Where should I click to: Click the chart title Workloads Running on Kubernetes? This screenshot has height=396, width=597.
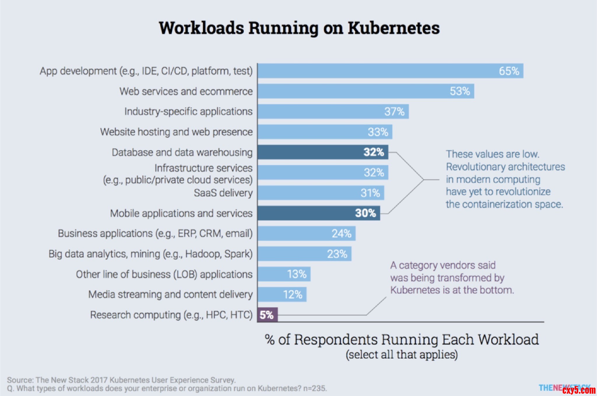299,28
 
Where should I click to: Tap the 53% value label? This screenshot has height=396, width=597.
460,91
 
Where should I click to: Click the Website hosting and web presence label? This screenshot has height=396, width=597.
176,132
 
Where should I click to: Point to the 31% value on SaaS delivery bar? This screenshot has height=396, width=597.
370,193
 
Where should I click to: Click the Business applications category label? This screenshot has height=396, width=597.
155,234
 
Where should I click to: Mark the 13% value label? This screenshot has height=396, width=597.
297,274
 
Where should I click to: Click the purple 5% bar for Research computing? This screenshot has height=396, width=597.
267,315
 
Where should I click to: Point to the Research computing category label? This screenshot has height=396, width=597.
171,315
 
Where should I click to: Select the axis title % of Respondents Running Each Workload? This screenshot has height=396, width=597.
402,340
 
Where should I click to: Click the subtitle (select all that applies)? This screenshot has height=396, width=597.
402,355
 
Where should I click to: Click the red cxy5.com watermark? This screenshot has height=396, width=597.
579,390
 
